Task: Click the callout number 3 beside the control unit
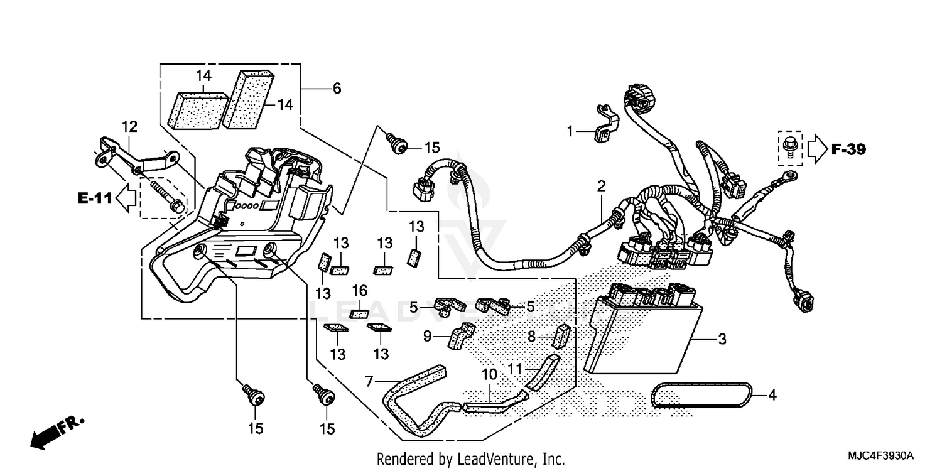[x=722, y=340]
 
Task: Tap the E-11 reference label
[x=95, y=198]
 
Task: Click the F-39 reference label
[x=848, y=149]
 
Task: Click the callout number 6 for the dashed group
[x=337, y=89]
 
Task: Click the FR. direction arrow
[x=53, y=433]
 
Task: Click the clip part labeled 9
[x=460, y=336]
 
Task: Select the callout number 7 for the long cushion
[x=369, y=381]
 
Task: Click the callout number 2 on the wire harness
[x=601, y=186]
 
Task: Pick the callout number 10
[x=489, y=375]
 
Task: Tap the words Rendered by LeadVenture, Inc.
[x=470, y=458]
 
